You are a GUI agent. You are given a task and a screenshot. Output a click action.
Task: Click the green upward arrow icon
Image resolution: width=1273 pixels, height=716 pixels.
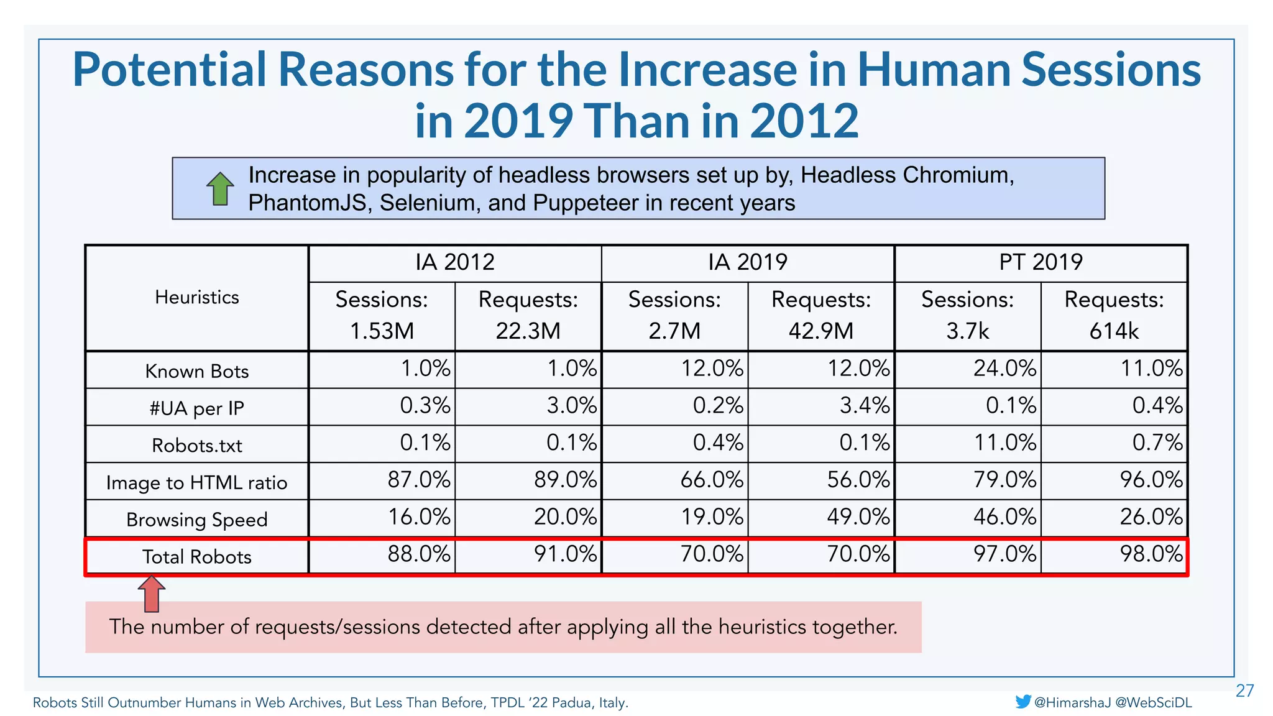coord(220,189)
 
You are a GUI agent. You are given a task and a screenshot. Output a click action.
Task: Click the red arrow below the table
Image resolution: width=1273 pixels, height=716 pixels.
coord(152,594)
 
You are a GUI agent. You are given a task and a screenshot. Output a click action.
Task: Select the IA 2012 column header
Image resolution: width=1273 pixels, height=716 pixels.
coord(455,262)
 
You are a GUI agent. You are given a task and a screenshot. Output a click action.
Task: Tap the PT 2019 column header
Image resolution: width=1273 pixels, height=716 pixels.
coord(1041,262)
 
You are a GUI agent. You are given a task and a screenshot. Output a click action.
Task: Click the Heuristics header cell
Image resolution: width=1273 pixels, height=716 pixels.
coord(196,298)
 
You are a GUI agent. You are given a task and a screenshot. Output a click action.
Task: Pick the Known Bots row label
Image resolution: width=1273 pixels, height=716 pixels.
coord(196,371)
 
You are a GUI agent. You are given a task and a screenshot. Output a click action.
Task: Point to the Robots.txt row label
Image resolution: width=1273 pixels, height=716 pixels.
coord(196,446)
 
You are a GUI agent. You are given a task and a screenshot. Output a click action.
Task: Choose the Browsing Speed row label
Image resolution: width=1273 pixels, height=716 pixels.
coord(196,520)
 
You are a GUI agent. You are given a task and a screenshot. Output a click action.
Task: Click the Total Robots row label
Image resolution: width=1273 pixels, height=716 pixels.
coord(196,557)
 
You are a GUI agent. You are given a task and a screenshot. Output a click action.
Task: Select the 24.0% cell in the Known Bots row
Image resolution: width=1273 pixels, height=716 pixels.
coord(1004,369)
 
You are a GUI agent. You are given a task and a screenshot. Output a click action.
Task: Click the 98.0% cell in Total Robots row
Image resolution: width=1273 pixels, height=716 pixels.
coord(1151,554)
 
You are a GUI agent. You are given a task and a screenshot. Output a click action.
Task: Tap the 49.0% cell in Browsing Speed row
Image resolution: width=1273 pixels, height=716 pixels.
coord(858,517)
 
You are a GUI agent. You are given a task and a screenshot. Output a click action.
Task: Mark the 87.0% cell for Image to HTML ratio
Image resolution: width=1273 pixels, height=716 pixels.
coord(418,480)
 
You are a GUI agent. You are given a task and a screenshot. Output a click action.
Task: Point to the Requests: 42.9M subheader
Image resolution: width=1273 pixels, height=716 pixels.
coord(821,316)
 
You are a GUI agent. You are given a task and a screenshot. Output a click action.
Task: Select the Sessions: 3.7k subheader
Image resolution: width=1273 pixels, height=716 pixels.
coord(967,316)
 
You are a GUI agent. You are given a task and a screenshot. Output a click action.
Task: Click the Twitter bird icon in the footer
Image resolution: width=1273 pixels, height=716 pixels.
coord(1023,702)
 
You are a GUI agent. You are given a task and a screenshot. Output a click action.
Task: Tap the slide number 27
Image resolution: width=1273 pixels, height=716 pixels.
coord(1244,691)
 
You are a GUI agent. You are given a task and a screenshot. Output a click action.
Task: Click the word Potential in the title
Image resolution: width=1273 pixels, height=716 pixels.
coord(169,70)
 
